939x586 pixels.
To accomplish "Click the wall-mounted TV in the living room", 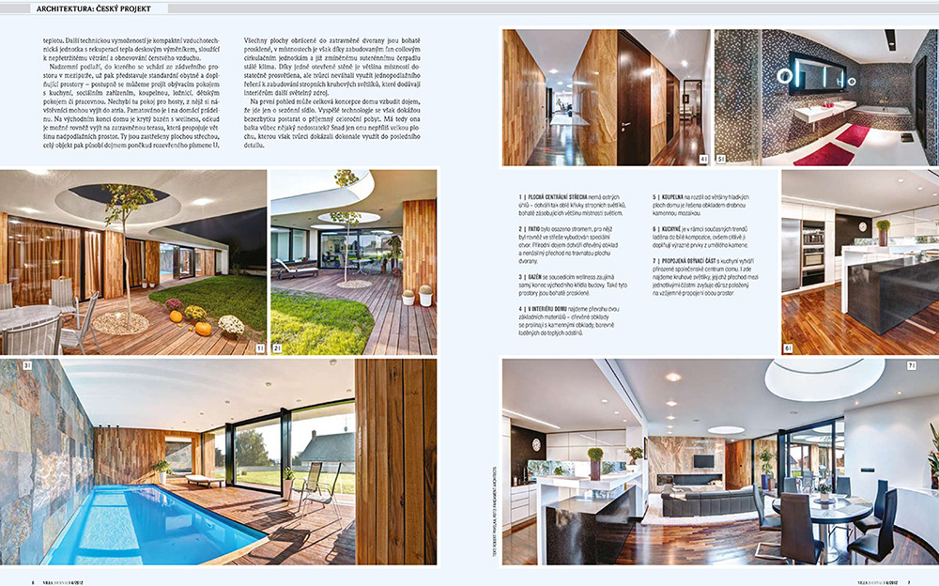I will (701, 461).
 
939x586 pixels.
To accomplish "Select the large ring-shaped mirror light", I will (806, 73).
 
